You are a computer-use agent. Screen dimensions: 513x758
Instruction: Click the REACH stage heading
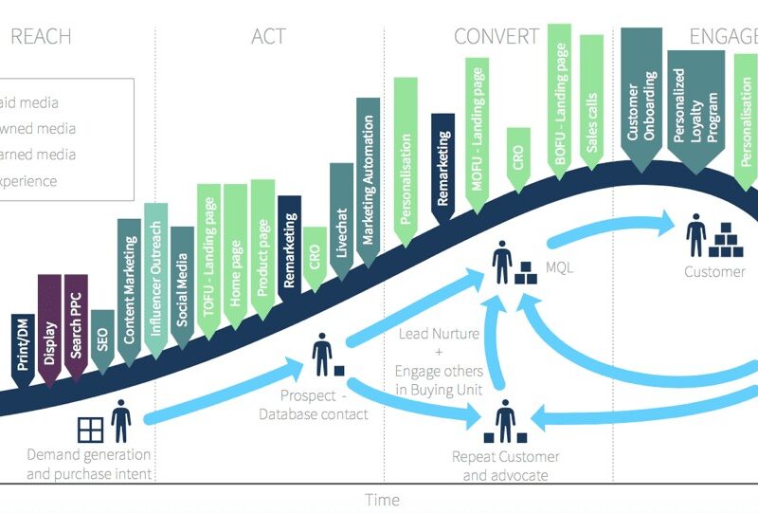[40, 37]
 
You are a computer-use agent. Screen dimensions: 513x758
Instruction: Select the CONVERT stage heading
[496, 37]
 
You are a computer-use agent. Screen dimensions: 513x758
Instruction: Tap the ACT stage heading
[268, 37]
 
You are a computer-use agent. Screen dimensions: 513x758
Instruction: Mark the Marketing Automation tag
[368, 171]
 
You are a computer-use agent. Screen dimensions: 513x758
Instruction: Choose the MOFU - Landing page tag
[478, 129]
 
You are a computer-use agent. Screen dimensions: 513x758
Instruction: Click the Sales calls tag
[592, 104]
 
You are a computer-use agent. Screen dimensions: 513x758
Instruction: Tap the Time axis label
[382, 500]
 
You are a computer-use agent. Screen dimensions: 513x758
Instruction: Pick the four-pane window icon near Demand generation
[91, 430]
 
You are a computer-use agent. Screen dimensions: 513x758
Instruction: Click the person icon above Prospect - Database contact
[321, 352]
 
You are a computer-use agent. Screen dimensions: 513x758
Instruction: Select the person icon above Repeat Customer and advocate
[505, 418]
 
